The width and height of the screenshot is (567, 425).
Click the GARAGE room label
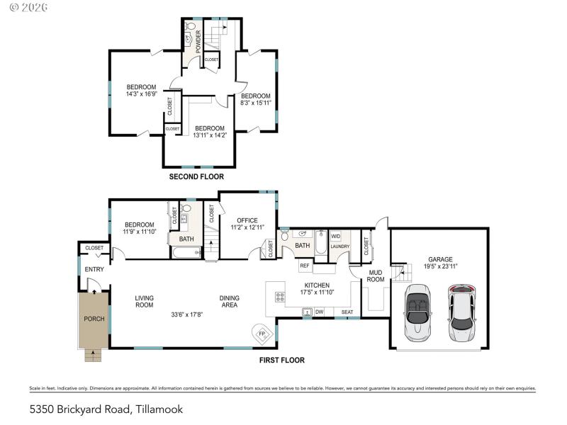pyautogui.click(x=439, y=259)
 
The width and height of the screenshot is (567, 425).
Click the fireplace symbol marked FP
pyautogui.click(x=261, y=333)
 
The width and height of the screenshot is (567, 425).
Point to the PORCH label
pyautogui.click(x=94, y=319)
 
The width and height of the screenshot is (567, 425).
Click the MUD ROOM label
pyautogui.click(x=376, y=275)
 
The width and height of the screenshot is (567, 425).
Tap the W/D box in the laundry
pyautogui.click(x=336, y=236)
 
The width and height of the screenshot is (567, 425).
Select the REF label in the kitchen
pyautogui.click(x=304, y=266)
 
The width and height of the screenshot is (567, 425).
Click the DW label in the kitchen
pyautogui.click(x=320, y=312)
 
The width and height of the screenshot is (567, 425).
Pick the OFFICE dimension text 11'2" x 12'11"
pyautogui.click(x=247, y=227)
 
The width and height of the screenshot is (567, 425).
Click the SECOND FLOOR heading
pyautogui.click(x=196, y=176)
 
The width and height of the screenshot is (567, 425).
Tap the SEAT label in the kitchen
pyautogui.click(x=347, y=312)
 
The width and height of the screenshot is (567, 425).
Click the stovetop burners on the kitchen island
pyautogui.click(x=280, y=296)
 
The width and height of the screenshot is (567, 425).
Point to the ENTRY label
pyautogui.click(x=94, y=269)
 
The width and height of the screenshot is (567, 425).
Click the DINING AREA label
pyautogui.click(x=228, y=302)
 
